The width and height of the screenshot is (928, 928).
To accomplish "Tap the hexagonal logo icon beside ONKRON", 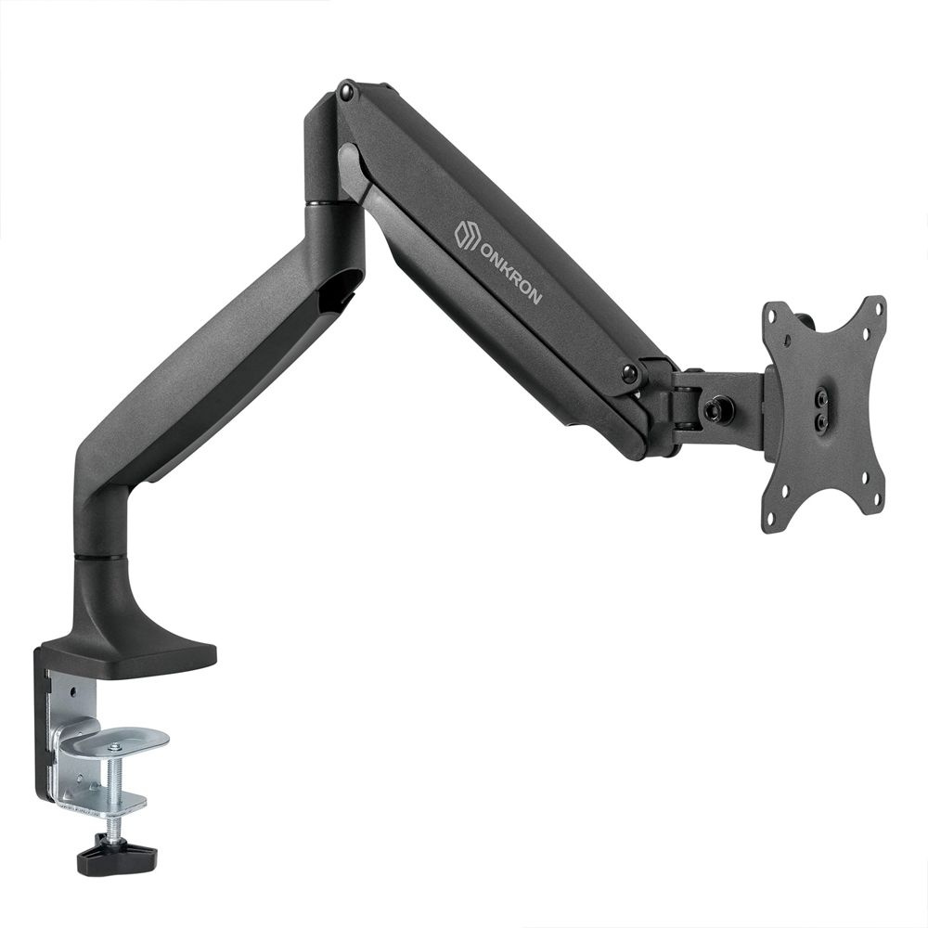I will [467, 235].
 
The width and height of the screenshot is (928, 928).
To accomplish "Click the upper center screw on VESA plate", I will [822, 398].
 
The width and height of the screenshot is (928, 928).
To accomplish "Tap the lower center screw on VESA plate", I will [822, 421].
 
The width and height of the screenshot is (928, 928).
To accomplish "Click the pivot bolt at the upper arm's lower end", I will [630, 373].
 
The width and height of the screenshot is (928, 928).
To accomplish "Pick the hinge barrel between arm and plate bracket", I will [685, 399].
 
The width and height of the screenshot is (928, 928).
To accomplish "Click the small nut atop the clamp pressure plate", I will [113, 747].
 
